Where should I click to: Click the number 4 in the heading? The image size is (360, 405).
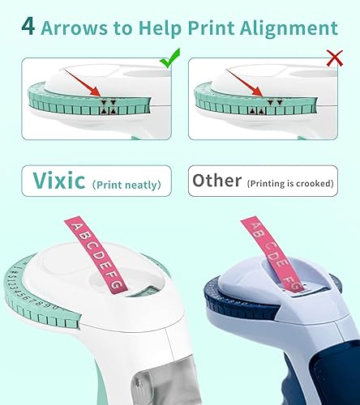(x=28, y=28)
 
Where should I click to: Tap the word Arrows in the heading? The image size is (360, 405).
(x=76, y=28)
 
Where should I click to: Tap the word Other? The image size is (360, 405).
(x=216, y=181)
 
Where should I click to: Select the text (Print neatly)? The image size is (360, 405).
(x=126, y=184)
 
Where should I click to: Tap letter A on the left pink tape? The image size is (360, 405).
(x=79, y=225)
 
